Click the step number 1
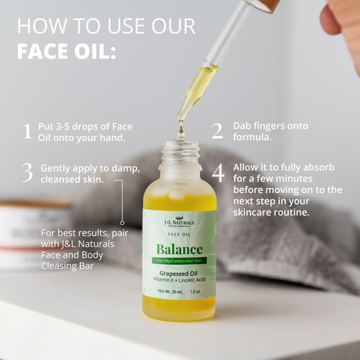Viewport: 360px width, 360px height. tap(27, 131)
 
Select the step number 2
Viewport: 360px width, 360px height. tap(217, 130)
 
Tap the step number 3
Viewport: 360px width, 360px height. tap(27, 172)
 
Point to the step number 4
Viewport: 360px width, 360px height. tap(217, 172)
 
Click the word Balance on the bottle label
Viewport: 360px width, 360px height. tap(179, 249)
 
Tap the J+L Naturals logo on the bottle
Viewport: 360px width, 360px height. tap(179, 224)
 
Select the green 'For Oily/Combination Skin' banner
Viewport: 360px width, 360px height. tap(179, 262)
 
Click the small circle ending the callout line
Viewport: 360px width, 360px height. tap(122, 223)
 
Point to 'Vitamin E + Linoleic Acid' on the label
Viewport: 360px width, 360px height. tap(179, 282)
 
